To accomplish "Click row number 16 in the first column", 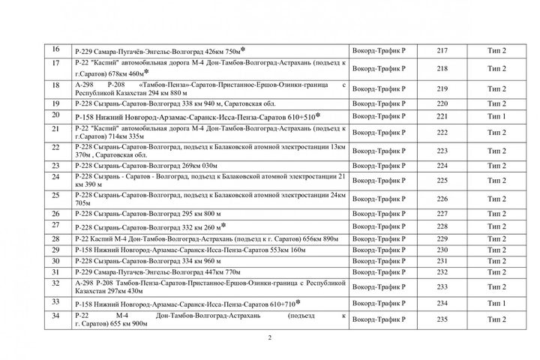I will (55, 50).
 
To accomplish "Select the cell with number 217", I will (442, 51).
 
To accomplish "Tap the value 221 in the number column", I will (442, 117).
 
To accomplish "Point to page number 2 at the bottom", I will (270, 337).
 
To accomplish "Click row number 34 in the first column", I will (55, 316).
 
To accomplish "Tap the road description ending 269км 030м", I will (146, 166).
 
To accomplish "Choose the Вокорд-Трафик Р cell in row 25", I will (379, 199).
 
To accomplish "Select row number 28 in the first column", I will (55, 237).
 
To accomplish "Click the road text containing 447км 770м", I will (157, 272).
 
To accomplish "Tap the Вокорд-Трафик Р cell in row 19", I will (379, 103).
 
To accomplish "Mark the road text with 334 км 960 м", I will (148, 261).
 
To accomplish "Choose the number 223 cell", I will (442, 151).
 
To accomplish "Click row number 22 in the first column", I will (55, 146).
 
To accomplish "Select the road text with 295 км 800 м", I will (148, 214).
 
